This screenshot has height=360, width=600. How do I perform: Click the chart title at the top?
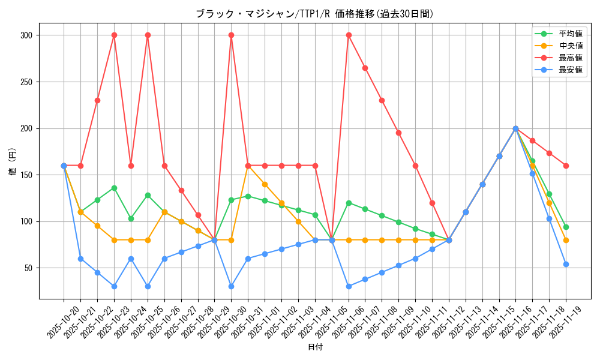coord(314,14)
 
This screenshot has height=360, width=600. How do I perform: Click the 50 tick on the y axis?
coord(28,268)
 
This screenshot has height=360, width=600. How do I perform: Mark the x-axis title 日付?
coord(315,347)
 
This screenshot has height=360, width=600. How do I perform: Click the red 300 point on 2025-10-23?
coord(114,35)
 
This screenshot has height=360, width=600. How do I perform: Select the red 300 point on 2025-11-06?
coord(349,35)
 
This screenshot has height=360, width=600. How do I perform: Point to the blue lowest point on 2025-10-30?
coord(231,286)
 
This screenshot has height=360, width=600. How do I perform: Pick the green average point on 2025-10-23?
coord(114,188)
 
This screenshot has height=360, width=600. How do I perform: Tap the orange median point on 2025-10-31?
coord(248,166)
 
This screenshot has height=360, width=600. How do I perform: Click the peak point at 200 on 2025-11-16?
coord(515,128)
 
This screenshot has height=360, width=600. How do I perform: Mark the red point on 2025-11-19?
coord(566,166)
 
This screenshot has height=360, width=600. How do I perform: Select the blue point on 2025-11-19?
coord(566,264)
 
